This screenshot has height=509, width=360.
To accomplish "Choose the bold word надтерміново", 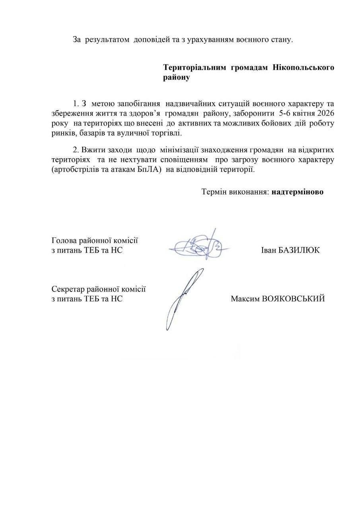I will point(298,192).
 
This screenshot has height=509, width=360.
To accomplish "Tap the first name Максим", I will point(244,299).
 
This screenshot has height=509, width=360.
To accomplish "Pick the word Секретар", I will point(68,289).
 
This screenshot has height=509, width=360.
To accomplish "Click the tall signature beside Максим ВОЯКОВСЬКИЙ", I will point(183,298).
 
